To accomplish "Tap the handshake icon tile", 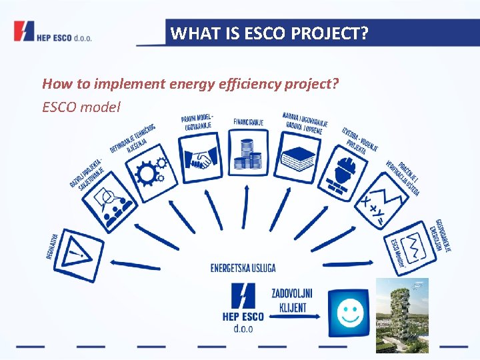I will click(200, 158).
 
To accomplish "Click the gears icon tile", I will click(151, 173).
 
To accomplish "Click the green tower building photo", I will click(401, 315).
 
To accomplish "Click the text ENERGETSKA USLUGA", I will click(243, 268).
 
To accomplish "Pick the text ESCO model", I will click(81, 107).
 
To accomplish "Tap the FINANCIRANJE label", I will click(248, 122).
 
